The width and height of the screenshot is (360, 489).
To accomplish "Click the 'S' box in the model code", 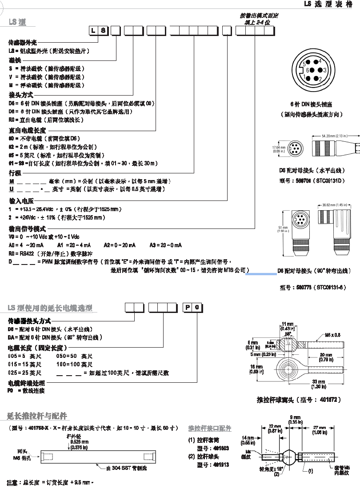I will click(x=103, y=31).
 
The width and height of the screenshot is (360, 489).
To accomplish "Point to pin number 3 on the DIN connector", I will click(x=324, y=70).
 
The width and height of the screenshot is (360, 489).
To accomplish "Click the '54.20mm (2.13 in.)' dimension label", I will click(x=334, y=136).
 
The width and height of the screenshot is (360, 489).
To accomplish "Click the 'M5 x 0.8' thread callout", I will click(x=332, y=334).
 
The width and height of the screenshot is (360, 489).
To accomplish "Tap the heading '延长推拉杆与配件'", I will click(x=37, y=416).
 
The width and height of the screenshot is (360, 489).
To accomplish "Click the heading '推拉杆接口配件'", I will click(x=210, y=429).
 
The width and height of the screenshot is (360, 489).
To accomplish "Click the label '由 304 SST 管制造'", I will click(x=126, y=468).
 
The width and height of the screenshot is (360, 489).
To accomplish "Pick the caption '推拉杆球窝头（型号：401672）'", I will click(x=299, y=399).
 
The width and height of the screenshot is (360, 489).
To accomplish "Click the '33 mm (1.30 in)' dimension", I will click(x=318, y=384).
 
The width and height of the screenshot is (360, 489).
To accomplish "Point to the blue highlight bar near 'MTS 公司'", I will click(x=261, y=274).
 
